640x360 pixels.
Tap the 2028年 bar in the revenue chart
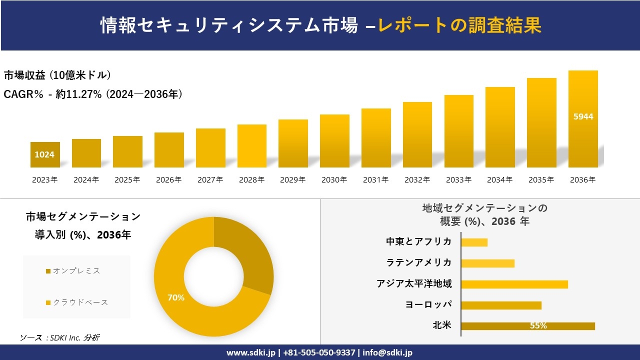(252, 146)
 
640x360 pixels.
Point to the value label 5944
(583, 116)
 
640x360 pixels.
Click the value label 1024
(44, 154)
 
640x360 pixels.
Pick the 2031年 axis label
(375, 180)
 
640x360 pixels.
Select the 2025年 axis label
(127, 180)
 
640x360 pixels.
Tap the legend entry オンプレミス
(76, 271)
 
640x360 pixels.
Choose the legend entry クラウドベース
(80, 302)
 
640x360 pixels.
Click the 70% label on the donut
(176, 297)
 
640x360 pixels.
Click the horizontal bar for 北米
(527, 326)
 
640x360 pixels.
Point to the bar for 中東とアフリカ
(474, 242)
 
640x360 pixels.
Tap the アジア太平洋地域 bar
(514, 284)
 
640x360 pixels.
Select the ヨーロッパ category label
(428, 305)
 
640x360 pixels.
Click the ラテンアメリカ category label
(419, 262)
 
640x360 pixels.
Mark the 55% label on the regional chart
(538, 326)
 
